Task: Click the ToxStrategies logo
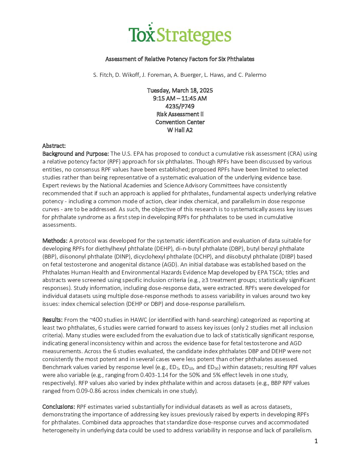click(x=180, y=34)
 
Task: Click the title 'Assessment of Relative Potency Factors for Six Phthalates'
click(x=180, y=59)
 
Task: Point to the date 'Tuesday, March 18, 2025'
click(x=180, y=90)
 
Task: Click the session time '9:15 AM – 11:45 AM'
click(x=180, y=98)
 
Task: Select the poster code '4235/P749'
click(x=180, y=106)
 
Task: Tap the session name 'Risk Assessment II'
click(x=180, y=114)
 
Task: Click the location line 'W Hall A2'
click(x=180, y=130)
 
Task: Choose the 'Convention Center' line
click(x=180, y=122)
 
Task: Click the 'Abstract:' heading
click(x=54, y=146)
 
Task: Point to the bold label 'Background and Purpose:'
click(x=75, y=154)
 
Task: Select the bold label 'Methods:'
click(x=55, y=241)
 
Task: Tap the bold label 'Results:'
click(x=52, y=320)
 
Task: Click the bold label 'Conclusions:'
click(x=59, y=407)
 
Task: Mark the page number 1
click(x=316, y=441)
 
